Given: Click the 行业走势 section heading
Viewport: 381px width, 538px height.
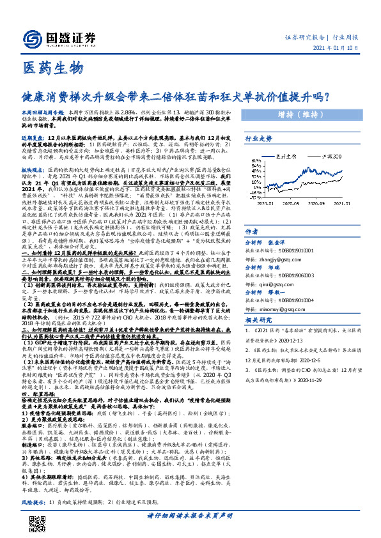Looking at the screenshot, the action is coord(259,155).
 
